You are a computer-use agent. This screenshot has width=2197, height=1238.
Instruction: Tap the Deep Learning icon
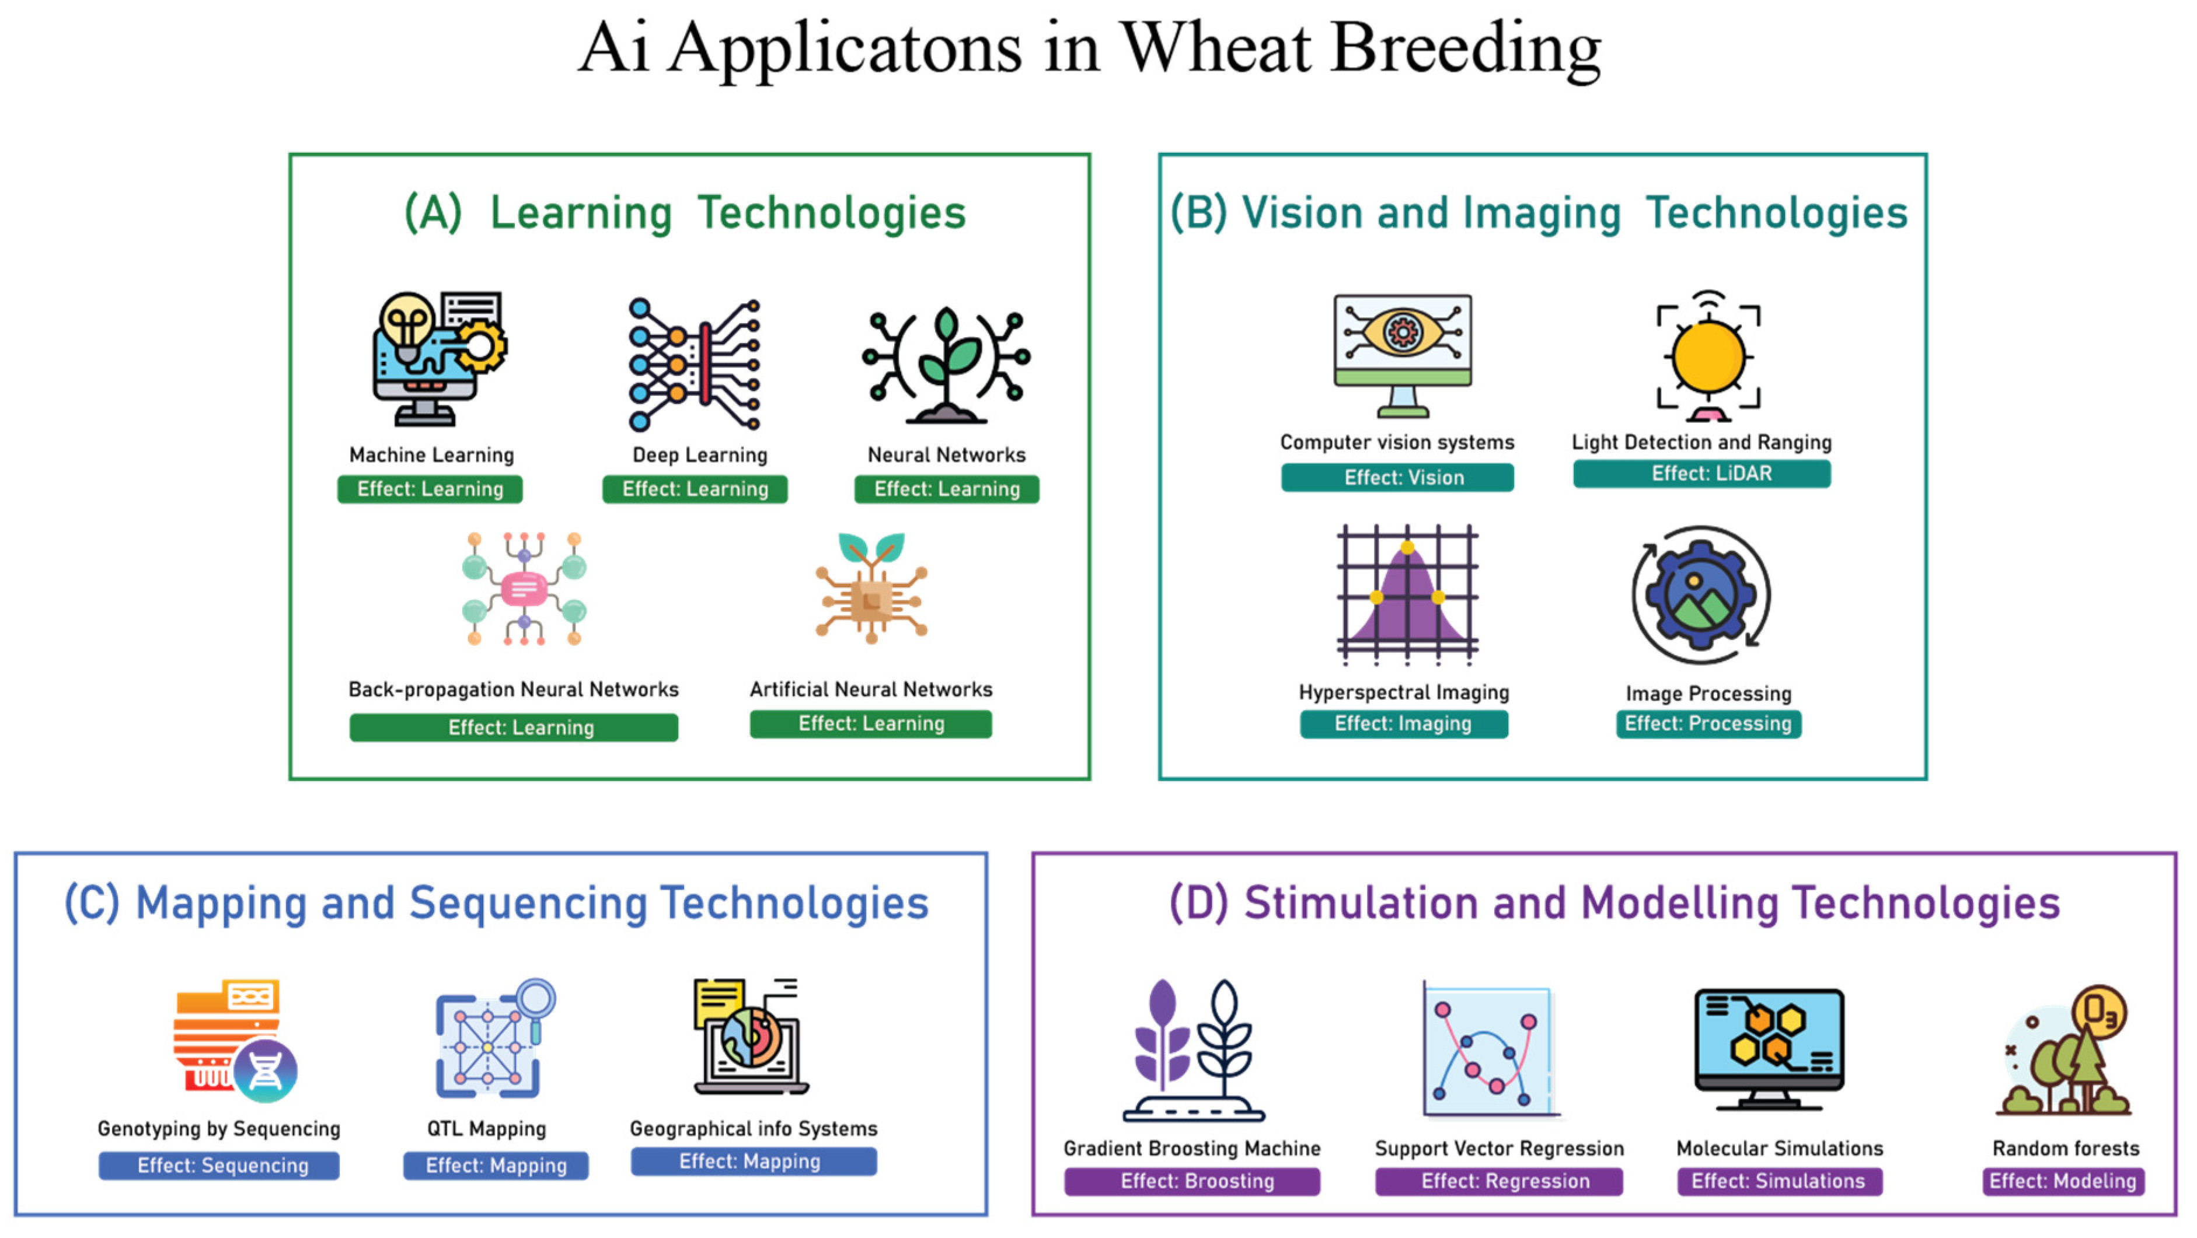click(x=693, y=364)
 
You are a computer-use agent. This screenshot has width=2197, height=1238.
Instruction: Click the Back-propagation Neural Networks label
click(x=514, y=689)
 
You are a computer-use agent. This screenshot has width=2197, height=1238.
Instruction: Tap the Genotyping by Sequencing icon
click(x=235, y=1040)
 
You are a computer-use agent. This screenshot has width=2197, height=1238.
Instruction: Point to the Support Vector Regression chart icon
click(x=1488, y=1053)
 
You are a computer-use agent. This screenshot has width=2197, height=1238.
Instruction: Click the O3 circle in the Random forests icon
click(x=2099, y=1012)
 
